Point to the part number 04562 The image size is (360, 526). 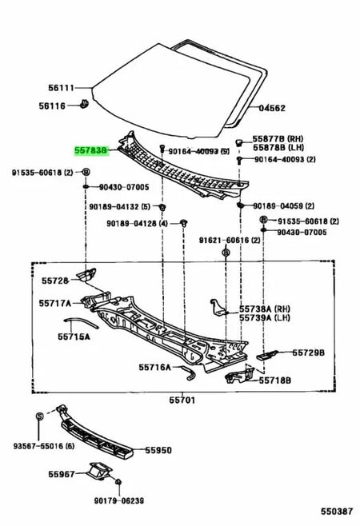click(x=271, y=106)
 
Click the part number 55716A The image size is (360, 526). click(x=154, y=367)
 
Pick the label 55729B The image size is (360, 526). click(x=307, y=352)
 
